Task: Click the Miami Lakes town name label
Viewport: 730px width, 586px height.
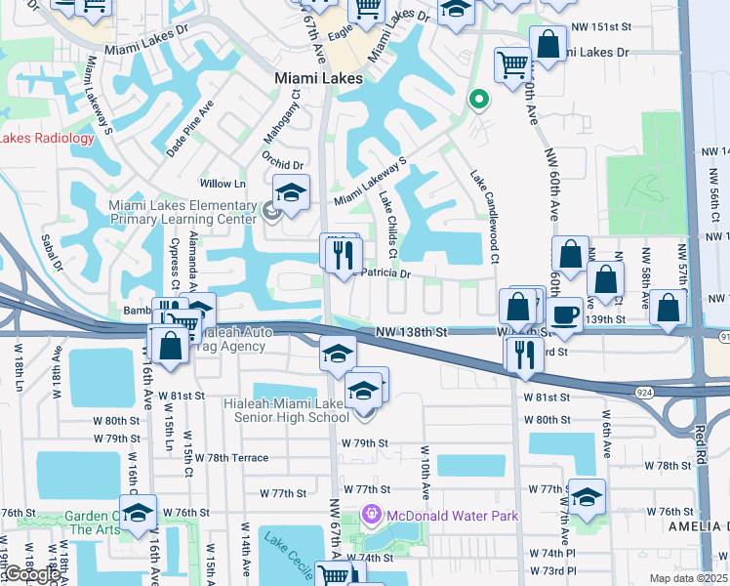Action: (319, 77)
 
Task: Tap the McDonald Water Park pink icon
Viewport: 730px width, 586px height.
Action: (371, 514)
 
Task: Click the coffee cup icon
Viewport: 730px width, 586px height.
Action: (565, 314)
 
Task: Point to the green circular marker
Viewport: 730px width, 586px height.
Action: (478, 99)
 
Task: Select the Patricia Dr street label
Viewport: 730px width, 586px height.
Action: (387, 274)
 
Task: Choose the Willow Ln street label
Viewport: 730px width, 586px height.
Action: (223, 184)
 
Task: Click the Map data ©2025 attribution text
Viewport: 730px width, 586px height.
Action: (689, 578)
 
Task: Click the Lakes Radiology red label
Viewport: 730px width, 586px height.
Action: (47, 138)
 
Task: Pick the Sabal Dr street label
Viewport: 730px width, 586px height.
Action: (50, 251)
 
